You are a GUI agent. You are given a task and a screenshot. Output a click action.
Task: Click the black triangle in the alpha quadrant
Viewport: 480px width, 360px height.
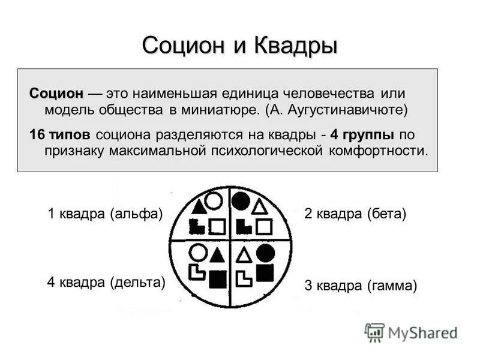coord(197,207)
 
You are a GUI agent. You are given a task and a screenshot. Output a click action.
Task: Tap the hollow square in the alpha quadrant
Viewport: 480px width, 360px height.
coord(217,227)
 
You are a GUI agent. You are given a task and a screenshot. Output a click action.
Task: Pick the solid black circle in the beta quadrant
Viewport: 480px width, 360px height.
coord(241,202)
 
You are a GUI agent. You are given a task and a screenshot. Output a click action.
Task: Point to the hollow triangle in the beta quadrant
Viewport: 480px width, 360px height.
coord(259,208)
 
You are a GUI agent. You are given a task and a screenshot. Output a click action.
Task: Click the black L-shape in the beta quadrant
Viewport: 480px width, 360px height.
coord(244,227)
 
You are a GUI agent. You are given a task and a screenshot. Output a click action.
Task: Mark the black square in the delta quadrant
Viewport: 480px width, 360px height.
coord(218,278)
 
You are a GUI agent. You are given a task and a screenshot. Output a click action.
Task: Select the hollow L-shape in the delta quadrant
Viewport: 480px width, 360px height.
coord(197,274)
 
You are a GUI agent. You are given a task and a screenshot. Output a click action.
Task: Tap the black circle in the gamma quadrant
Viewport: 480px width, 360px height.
coord(265,253)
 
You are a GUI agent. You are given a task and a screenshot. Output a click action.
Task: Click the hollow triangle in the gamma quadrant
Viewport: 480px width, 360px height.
coord(243,256)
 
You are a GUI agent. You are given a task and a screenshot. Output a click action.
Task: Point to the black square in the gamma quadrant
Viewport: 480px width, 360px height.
coord(265,273)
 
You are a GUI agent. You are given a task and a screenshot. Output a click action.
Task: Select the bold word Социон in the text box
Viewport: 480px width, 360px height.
coord(56,94)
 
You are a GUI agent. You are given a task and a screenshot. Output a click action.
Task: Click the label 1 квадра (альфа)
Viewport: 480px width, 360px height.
coord(106,214)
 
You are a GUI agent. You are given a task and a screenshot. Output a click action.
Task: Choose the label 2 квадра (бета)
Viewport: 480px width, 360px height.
coord(355,214)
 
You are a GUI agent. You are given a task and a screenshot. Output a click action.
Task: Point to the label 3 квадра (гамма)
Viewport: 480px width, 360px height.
coord(360,286)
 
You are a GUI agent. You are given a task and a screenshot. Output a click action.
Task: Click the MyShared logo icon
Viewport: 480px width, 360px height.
coord(374,332)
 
